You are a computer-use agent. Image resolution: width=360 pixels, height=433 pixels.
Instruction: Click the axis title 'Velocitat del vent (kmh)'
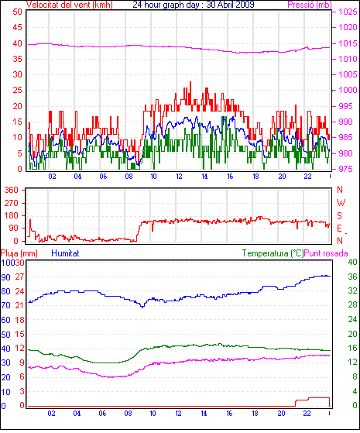coord(70,5)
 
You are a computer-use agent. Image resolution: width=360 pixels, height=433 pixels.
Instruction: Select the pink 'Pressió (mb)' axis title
coord(310,5)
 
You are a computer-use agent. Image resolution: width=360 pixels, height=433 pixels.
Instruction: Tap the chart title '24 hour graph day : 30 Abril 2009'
coord(194,5)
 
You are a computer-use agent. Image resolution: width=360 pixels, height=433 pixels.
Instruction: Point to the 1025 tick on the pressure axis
coord(348,12)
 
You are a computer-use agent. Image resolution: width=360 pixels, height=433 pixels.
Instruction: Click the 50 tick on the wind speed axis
coord(17,12)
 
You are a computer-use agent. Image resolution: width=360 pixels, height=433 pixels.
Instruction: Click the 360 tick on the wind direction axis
coord(12,190)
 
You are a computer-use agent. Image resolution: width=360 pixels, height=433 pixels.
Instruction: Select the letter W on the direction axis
coord(341,203)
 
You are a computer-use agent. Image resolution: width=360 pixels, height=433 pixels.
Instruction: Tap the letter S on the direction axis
coord(339,215)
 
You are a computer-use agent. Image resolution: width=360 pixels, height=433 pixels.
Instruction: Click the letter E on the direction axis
coord(339,229)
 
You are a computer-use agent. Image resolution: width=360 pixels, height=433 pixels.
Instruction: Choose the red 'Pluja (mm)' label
coord(19,253)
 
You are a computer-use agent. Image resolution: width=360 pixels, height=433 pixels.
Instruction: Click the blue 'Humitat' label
coord(66,253)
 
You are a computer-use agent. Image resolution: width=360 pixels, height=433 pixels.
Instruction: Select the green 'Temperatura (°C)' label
coord(273,253)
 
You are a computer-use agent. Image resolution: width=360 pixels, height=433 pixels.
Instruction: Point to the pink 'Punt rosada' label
coord(326,253)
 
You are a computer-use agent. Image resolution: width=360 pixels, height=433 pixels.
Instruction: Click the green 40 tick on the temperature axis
coord(352,262)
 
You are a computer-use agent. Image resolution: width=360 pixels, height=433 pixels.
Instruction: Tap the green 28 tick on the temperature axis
coord(352,304)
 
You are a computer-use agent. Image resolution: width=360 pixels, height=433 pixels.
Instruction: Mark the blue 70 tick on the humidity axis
coord(5,305)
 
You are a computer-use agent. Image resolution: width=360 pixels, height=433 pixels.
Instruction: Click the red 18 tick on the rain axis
coord(20,320)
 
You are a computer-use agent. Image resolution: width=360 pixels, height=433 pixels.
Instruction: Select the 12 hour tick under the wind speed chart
coord(179,176)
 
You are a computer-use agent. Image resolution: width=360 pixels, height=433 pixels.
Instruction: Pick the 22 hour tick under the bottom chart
coord(307,414)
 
